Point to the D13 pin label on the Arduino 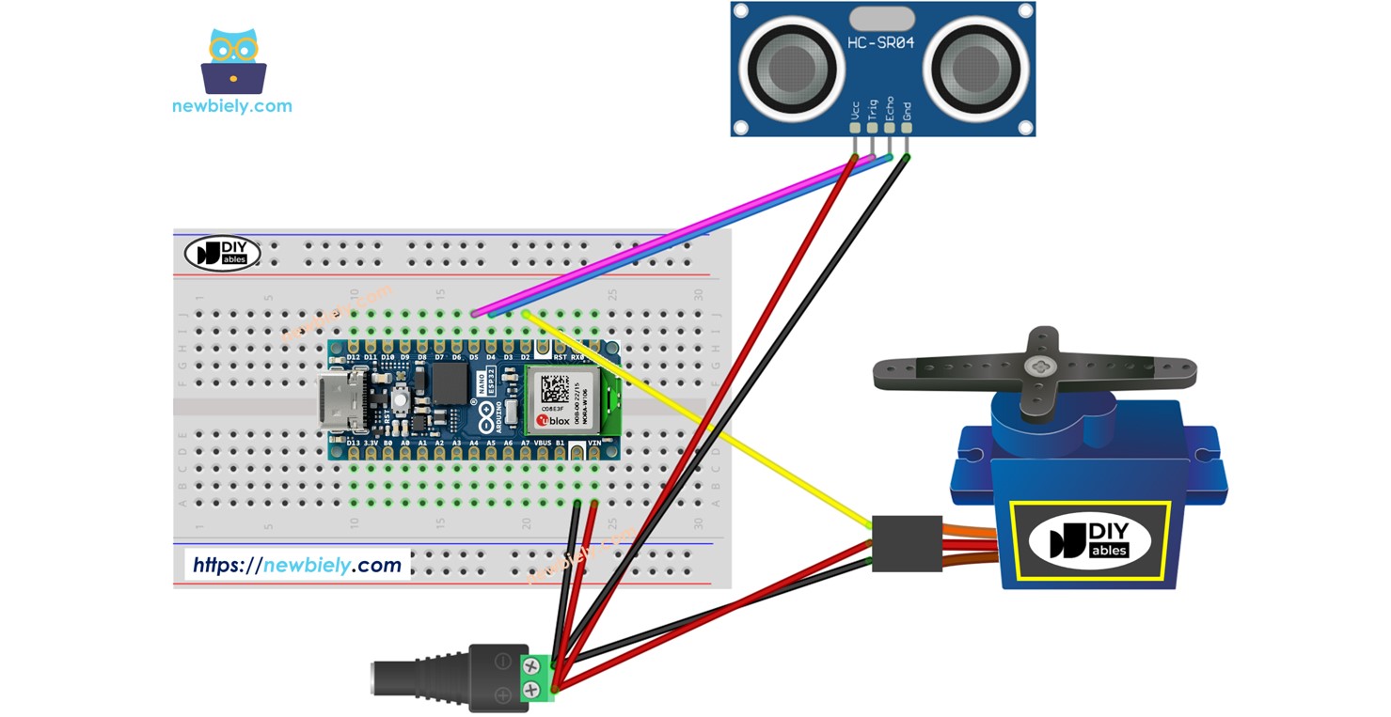point(354,442)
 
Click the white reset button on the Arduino point(400,400)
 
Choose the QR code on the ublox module point(555,386)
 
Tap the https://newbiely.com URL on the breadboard point(297,565)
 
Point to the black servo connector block point(907,543)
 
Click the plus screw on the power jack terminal point(531,694)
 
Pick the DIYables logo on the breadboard point(222,253)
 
